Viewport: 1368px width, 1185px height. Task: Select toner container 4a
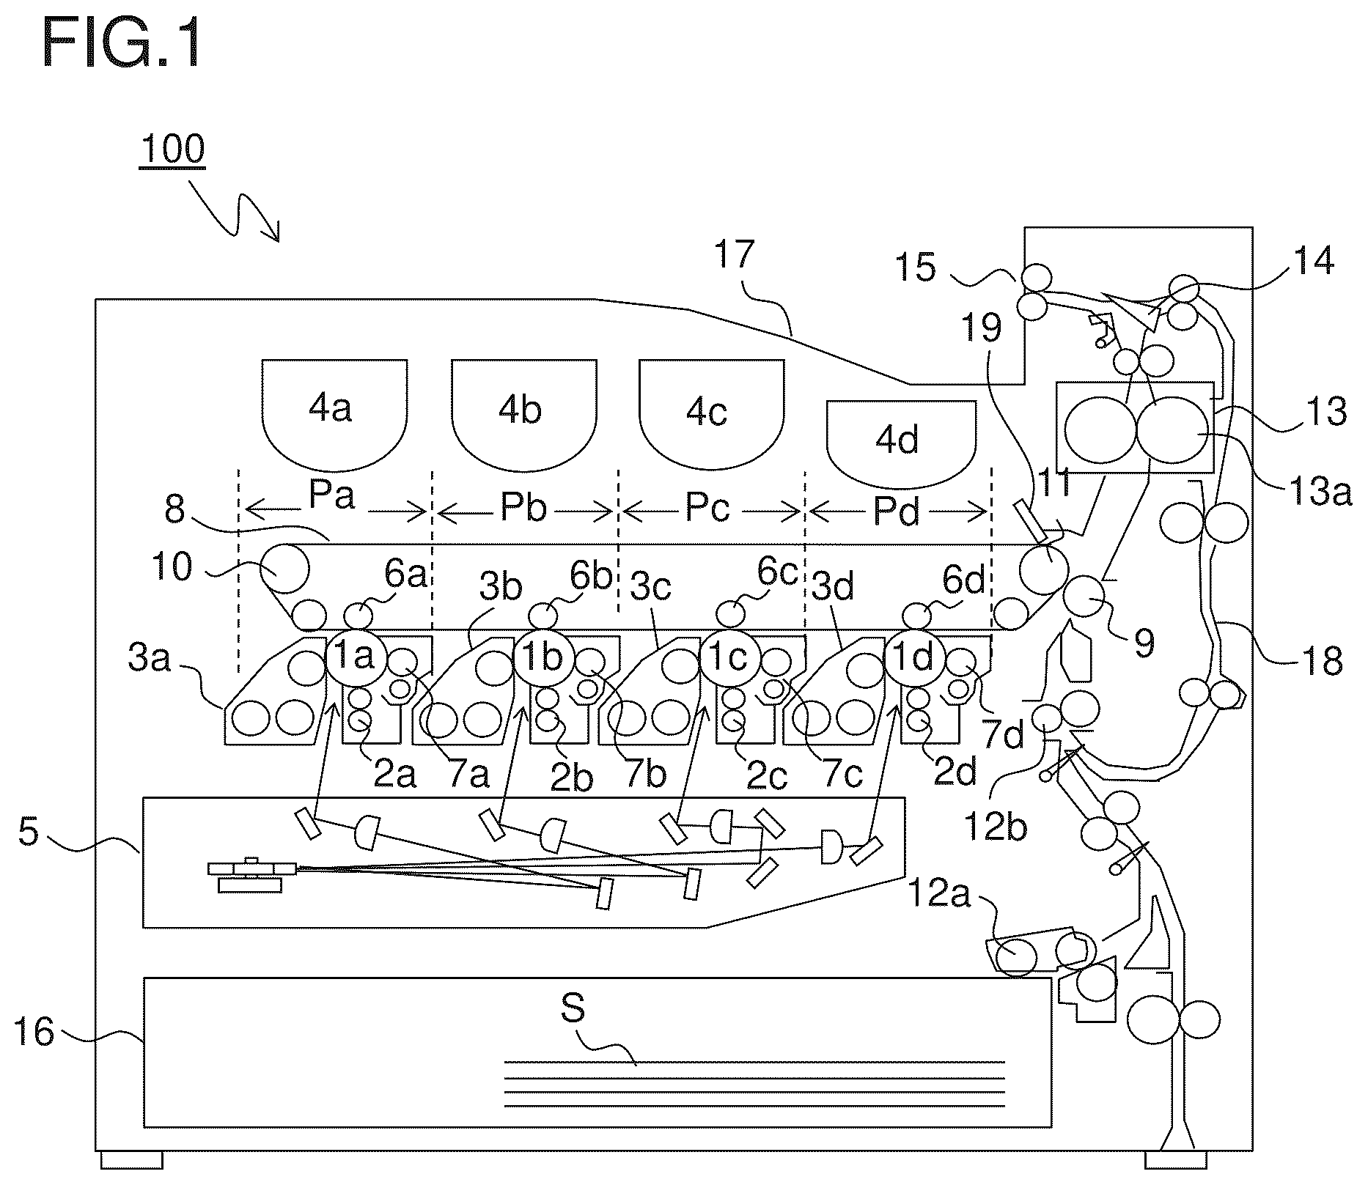pyautogui.click(x=334, y=415)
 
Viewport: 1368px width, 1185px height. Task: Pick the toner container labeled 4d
pyautogui.click(x=901, y=444)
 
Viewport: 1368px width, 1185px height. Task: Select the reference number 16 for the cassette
pyautogui.click(x=34, y=1033)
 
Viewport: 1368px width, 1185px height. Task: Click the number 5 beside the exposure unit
pyautogui.click(x=28, y=832)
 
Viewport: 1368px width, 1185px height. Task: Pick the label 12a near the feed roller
pyautogui.click(x=939, y=895)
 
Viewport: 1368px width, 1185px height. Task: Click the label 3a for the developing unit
pyautogui.click(x=149, y=658)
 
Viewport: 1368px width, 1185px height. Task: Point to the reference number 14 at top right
pyautogui.click(x=1313, y=262)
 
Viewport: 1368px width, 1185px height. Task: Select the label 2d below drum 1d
pyautogui.click(x=955, y=772)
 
